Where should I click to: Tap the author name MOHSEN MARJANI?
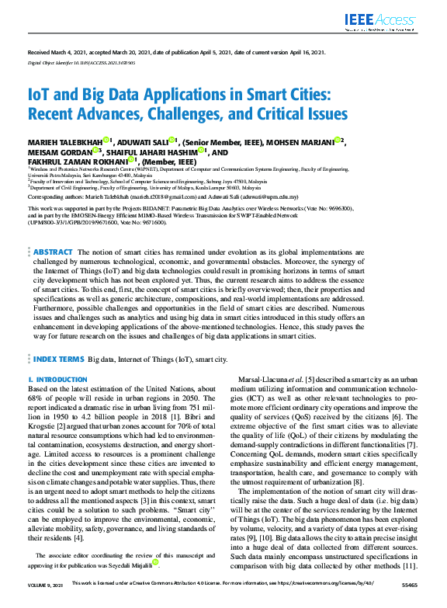click(302, 142)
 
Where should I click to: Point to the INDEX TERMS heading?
click(58, 360)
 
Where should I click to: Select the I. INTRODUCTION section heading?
click(57, 380)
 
